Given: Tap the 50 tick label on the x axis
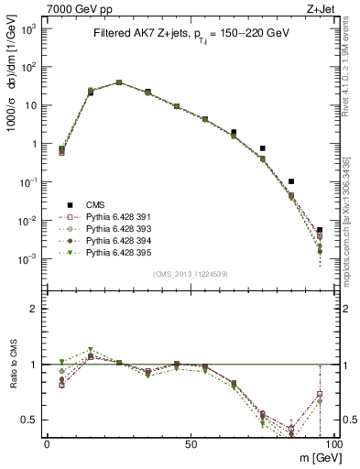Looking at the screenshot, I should (x=190, y=443).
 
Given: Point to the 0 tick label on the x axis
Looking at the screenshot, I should (x=47, y=443).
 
